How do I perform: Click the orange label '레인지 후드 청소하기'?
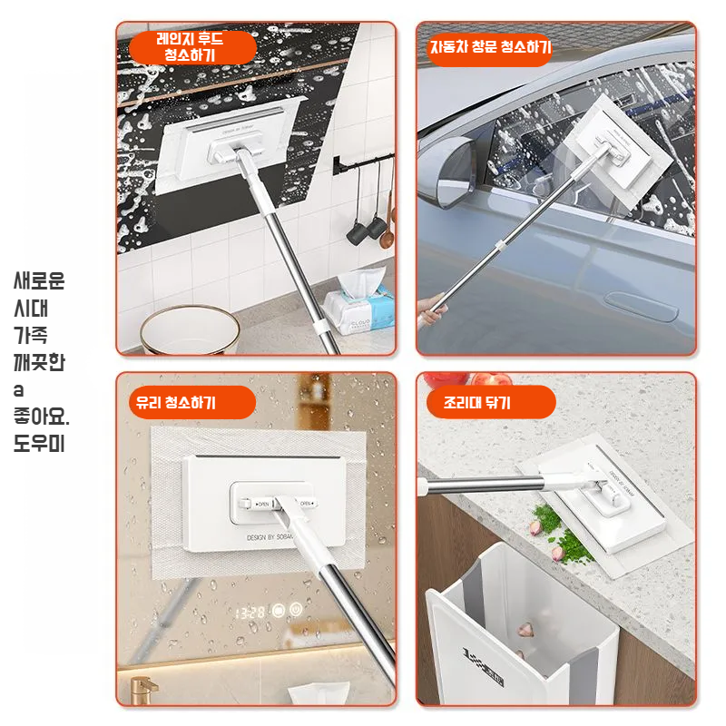pos(190,47)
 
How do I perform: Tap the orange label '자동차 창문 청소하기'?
pos(490,48)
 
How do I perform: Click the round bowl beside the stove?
pos(190,330)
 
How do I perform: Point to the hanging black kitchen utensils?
pos(370,222)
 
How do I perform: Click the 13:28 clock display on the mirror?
pos(249,613)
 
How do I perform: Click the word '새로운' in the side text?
pos(39,280)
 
